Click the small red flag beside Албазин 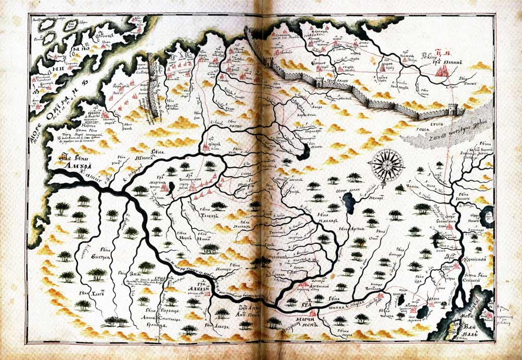pyautogui.click(x=208, y=295)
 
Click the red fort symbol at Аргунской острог pyautogui.click(x=305, y=285)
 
